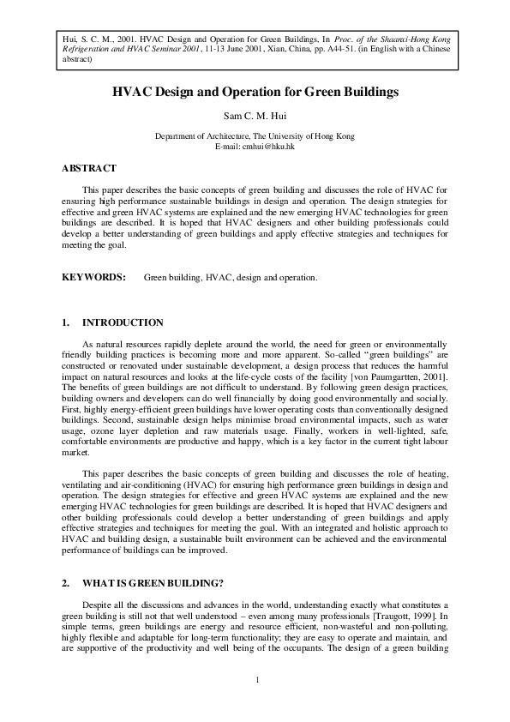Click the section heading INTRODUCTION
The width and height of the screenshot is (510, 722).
[x=122, y=322]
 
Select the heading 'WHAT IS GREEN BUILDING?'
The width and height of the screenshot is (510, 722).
[x=153, y=583]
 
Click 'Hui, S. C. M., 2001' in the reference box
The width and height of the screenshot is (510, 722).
[x=87, y=40]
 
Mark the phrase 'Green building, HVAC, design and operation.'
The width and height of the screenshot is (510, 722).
[x=231, y=278]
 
